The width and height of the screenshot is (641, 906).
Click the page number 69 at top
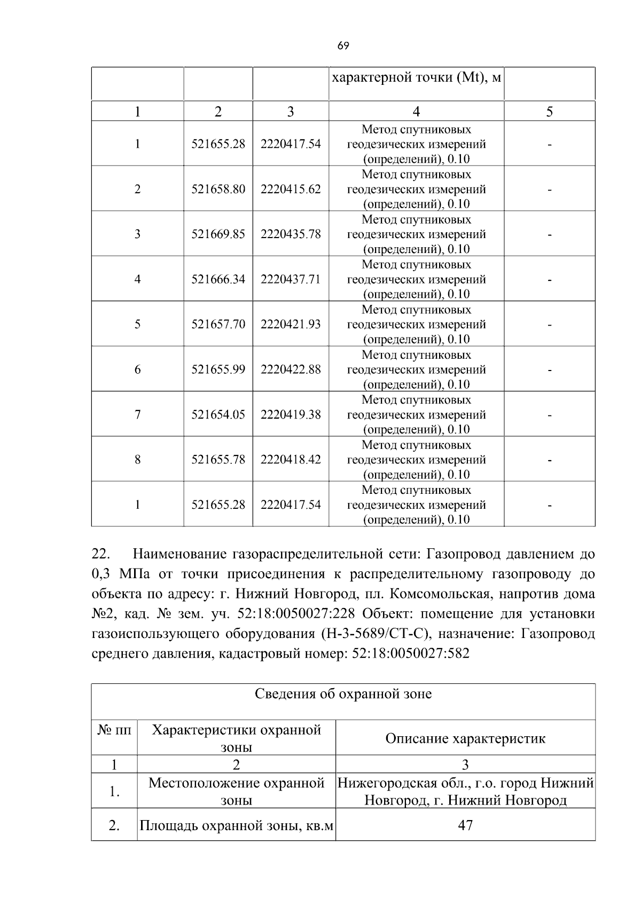click(343, 46)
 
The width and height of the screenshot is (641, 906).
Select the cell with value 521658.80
click(218, 189)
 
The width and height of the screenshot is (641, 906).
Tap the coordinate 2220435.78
click(291, 234)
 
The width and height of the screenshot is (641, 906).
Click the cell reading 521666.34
click(218, 279)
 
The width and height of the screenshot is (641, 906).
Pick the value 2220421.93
click(291, 324)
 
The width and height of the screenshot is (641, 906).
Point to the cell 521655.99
click(218, 369)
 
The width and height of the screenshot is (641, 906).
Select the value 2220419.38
click(291, 414)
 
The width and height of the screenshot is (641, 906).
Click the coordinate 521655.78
click(218, 460)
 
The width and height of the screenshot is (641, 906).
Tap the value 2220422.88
click(291, 369)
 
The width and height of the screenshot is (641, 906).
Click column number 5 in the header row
click(549, 111)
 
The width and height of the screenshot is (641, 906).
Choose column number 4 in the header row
click(416, 111)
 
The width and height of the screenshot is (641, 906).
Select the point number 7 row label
click(137, 414)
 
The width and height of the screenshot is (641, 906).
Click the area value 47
click(465, 825)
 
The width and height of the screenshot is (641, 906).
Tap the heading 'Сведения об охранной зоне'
click(343, 694)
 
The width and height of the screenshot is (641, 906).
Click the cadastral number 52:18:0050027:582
click(411, 653)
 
